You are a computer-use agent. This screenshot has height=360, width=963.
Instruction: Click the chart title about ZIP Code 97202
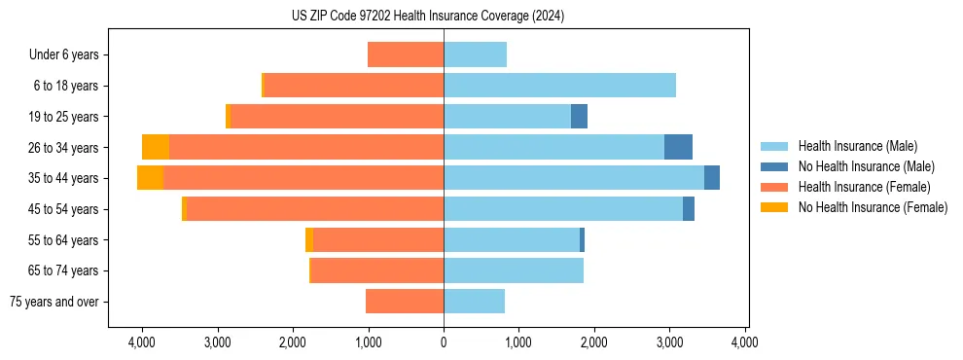(427, 17)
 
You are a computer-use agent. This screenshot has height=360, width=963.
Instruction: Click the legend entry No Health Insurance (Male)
(866, 166)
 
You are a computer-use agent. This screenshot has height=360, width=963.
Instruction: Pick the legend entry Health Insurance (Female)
(864, 187)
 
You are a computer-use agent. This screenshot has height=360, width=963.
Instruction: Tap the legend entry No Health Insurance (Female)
(873, 207)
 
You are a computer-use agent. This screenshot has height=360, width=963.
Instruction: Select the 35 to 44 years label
(65, 178)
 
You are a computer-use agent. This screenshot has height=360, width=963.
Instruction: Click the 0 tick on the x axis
(444, 342)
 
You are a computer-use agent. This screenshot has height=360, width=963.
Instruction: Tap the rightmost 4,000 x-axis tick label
(745, 342)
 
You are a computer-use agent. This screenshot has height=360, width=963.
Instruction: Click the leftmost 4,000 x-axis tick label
(142, 342)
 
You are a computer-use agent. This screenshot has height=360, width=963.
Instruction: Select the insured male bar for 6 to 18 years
(559, 86)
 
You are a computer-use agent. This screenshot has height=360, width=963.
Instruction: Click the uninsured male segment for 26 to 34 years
(678, 147)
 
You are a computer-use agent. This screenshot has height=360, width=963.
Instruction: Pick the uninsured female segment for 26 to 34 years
(156, 147)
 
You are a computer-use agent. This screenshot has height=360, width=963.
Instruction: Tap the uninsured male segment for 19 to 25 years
(579, 117)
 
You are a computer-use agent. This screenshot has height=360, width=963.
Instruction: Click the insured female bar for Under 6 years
(406, 55)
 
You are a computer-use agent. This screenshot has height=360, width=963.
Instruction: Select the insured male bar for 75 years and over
(474, 302)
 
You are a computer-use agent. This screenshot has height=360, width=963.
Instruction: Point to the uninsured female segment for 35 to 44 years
(150, 178)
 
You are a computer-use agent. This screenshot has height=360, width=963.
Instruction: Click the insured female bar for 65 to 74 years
(377, 270)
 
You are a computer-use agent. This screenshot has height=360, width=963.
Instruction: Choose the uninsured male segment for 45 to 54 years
(689, 209)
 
